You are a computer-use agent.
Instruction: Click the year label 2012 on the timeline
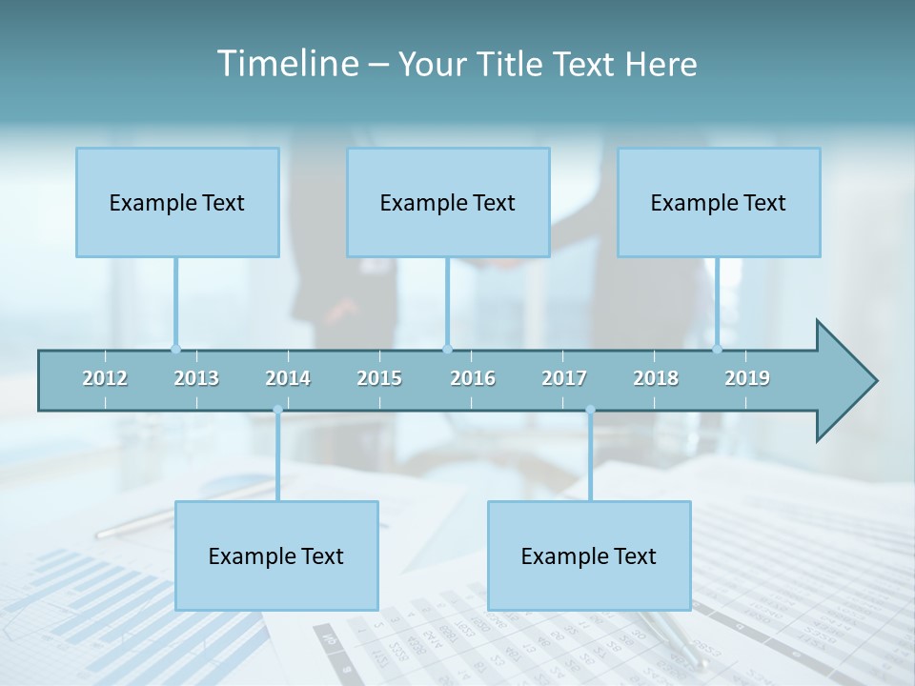[x=105, y=378]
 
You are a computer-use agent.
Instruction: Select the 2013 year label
[x=196, y=378]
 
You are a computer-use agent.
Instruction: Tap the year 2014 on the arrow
[x=288, y=378]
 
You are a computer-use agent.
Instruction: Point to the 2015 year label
[x=379, y=378]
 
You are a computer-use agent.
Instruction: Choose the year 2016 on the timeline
[x=473, y=378]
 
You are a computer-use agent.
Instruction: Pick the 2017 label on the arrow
[x=564, y=378]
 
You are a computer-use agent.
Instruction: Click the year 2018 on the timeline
[x=656, y=378]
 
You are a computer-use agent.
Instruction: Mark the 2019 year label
[x=747, y=378]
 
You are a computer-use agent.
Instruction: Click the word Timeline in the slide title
[x=286, y=64]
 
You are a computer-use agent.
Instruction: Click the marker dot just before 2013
[x=175, y=349]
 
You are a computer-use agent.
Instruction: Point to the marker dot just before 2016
[x=448, y=349]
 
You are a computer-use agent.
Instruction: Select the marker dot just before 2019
[x=718, y=349]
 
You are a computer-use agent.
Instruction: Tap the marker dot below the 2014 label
[x=277, y=410]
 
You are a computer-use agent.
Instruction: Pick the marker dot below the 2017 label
[x=590, y=410]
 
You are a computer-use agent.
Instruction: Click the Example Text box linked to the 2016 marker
[x=448, y=202]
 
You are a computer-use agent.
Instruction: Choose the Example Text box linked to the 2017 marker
[x=589, y=555]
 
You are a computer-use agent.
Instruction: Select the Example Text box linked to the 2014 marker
[x=276, y=555]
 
